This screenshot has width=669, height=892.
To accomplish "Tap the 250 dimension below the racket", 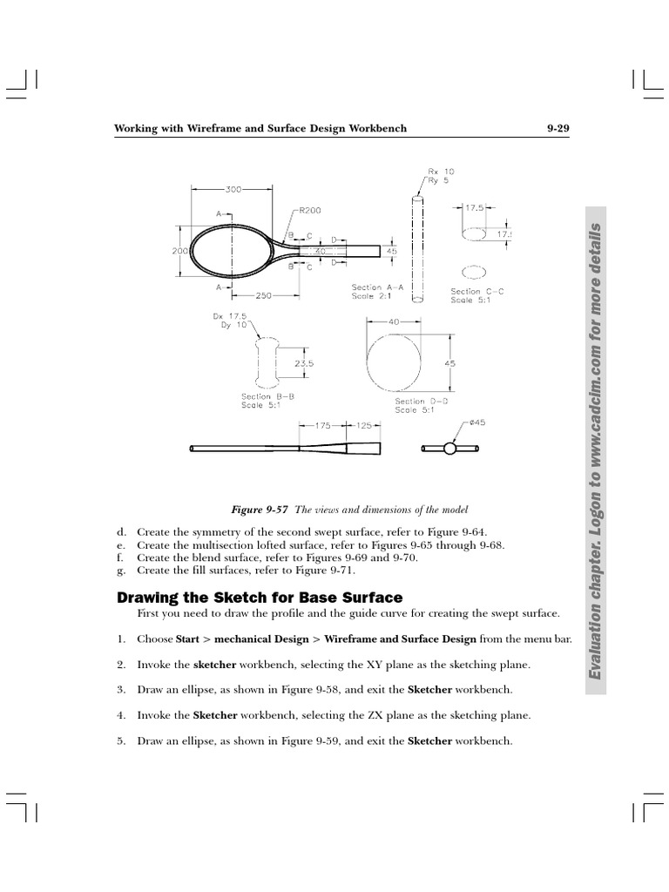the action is point(261,296).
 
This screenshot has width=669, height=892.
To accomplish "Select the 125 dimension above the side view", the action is point(364,426).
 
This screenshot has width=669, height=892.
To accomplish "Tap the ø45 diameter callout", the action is point(477,422).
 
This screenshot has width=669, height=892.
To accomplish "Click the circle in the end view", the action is point(449,449).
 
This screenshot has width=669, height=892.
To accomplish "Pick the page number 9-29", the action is point(557,129).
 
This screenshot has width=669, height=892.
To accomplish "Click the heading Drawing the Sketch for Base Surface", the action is point(260,598).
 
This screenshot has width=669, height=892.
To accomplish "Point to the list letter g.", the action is point(121,570).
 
